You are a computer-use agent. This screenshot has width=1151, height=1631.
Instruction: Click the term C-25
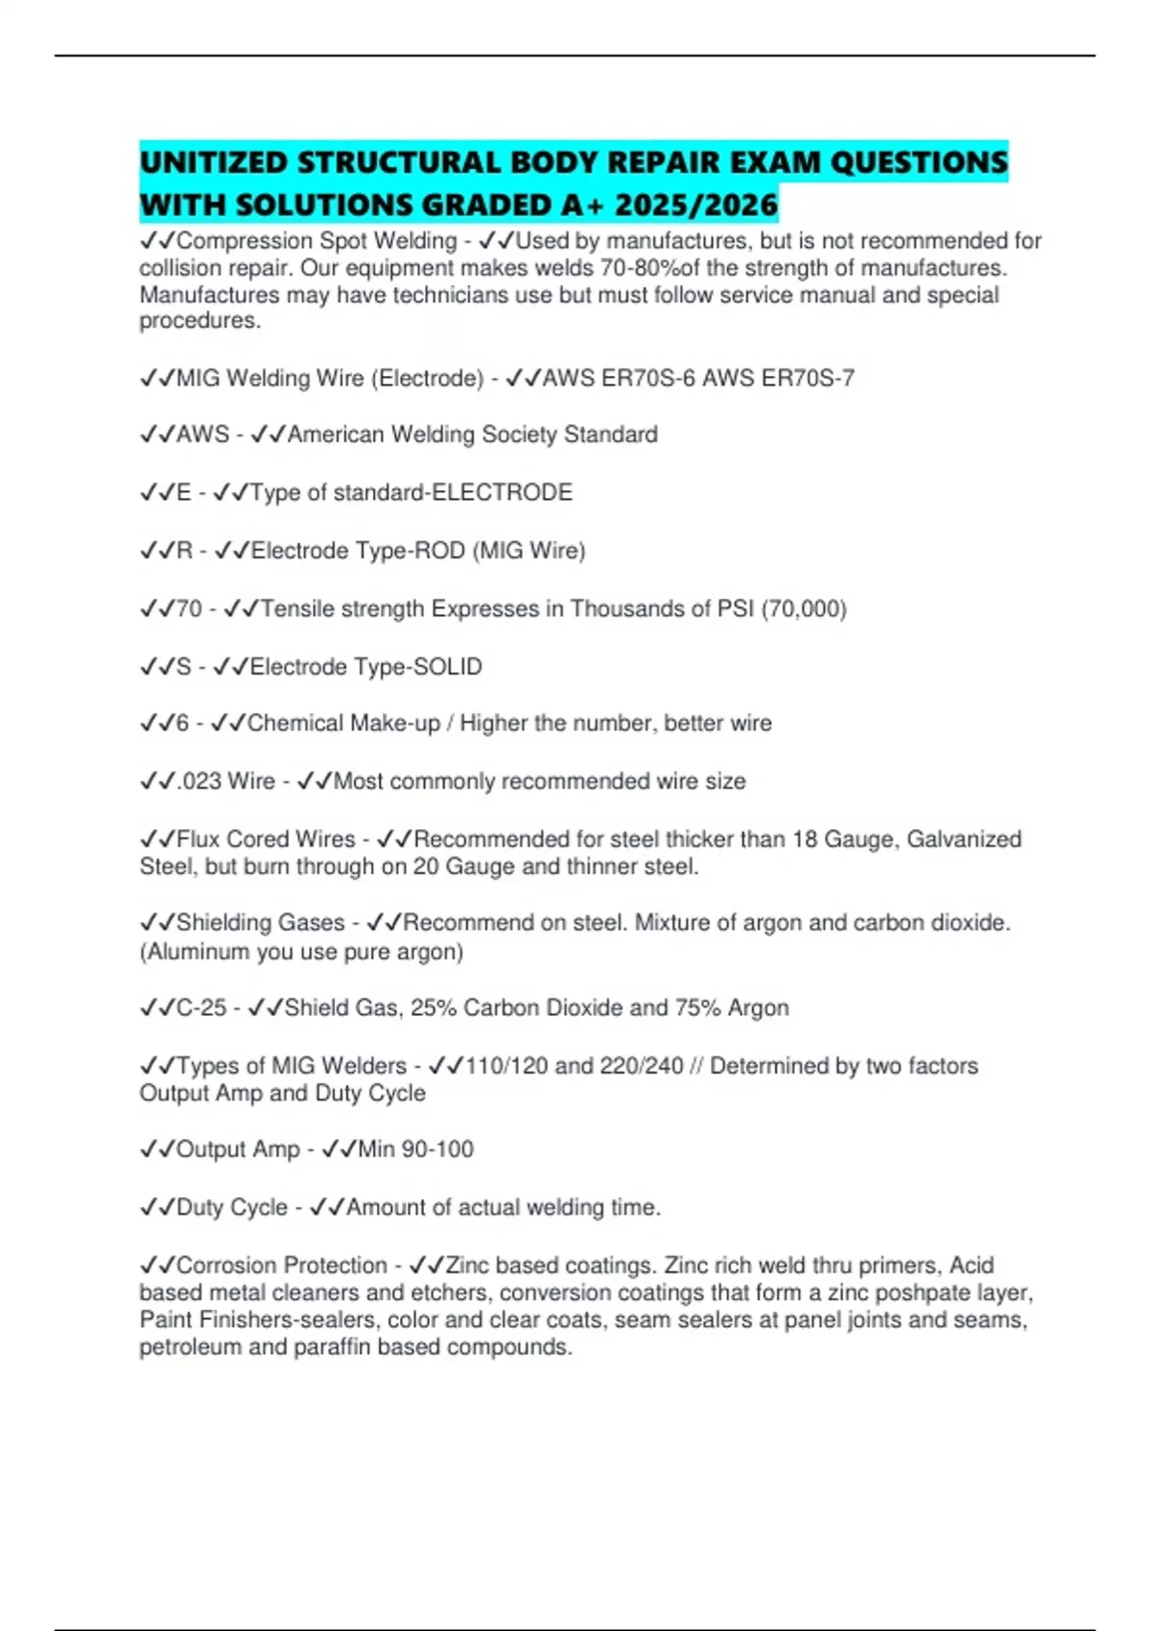pyautogui.click(x=201, y=1008)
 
